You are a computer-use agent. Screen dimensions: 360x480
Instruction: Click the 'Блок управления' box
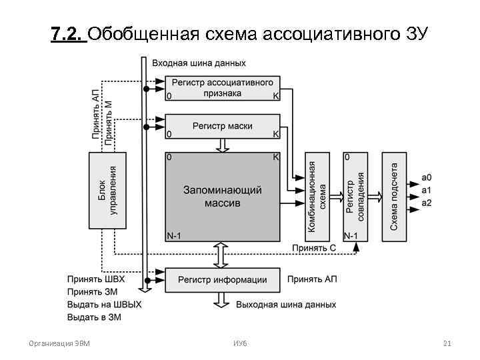pyautogui.click(x=107, y=191)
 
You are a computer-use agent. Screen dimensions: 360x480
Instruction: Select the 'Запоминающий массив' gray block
pyautogui.click(x=222, y=196)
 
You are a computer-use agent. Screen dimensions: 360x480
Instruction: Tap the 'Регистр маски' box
pyautogui.click(x=222, y=126)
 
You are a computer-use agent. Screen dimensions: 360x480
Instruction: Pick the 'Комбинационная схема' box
pyautogui.click(x=317, y=196)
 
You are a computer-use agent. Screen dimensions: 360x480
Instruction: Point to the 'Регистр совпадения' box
pyautogui.click(x=355, y=196)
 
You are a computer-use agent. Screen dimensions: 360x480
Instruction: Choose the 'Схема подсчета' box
pyautogui.click(x=394, y=196)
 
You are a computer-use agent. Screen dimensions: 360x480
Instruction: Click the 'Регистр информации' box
pyautogui.click(x=222, y=280)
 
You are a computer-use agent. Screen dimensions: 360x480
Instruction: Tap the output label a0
pyautogui.click(x=427, y=177)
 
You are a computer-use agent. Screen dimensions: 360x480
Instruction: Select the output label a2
pyautogui.click(x=427, y=203)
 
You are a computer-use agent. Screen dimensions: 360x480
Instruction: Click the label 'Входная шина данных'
pyautogui.click(x=199, y=63)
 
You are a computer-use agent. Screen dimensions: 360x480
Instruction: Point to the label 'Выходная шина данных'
pyautogui.click(x=286, y=305)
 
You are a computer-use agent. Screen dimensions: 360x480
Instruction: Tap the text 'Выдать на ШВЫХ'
pyautogui.click(x=105, y=304)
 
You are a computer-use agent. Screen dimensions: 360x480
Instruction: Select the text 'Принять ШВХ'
pyautogui.click(x=96, y=279)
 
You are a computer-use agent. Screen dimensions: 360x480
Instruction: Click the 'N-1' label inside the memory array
pyautogui.click(x=173, y=235)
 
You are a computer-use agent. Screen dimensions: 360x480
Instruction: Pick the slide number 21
pyautogui.click(x=447, y=344)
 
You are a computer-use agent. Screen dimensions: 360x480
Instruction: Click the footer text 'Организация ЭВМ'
pyautogui.click(x=59, y=344)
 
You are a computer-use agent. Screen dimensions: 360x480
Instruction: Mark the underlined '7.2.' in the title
pyautogui.click(x=67, y=33)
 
